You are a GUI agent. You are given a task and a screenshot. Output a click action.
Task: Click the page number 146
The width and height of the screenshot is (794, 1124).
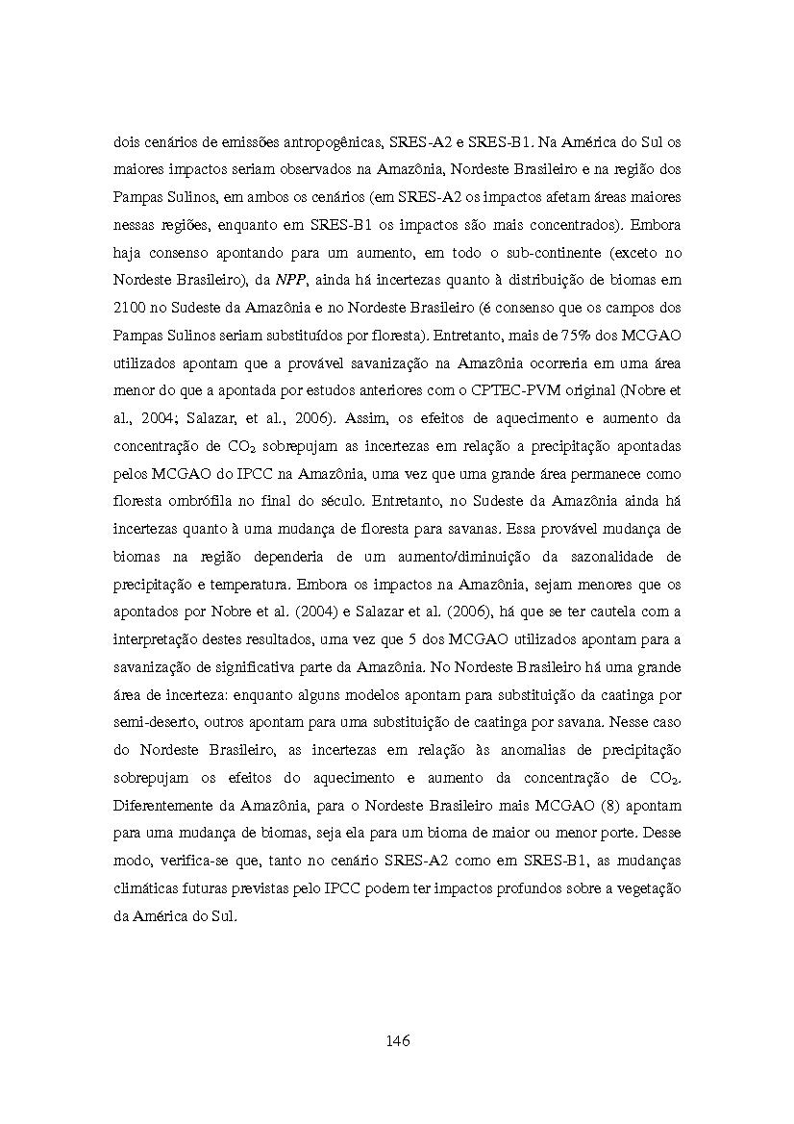pos(397,1040)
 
